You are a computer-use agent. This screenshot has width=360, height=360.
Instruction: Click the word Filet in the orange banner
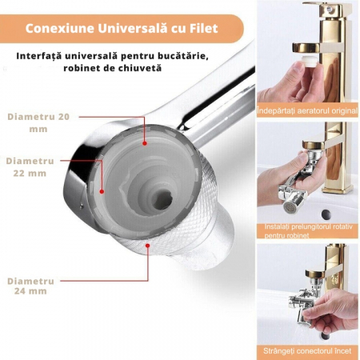tap(204, 29)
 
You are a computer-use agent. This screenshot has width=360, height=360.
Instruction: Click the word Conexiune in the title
tap(60, 29)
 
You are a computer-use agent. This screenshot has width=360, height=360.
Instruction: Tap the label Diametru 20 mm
tap(38, 122)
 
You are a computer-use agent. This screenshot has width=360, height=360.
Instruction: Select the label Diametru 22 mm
tap(30, 167)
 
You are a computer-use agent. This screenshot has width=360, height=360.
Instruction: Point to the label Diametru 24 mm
tap(30, 286)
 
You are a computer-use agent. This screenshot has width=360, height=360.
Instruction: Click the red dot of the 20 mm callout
tap(145, 143)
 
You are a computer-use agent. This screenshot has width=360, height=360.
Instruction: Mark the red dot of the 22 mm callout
tap(102, 191)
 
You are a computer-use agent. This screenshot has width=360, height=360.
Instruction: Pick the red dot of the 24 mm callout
tap(147, 246)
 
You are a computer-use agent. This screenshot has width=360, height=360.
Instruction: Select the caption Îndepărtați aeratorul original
tap(307, 110)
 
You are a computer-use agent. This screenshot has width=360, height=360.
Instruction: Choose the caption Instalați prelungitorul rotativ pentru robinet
tap(308, 230)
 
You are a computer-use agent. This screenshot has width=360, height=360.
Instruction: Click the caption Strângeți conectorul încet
tap(307, 350)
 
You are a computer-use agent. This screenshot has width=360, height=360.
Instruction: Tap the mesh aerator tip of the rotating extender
tap(289, 206)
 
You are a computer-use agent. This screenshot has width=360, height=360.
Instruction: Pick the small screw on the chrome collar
tap(82, 205)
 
